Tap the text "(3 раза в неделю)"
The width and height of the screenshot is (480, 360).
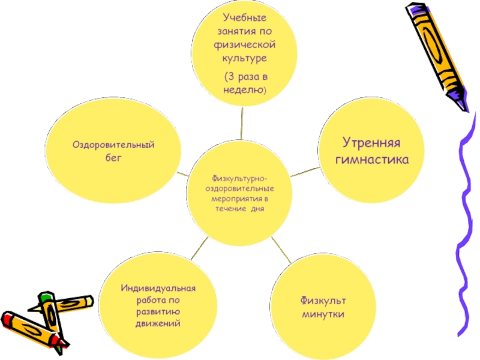click(244, 84)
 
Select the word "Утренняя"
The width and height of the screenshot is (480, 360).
click(371, 144)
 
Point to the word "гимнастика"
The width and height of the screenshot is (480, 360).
click(371, 160)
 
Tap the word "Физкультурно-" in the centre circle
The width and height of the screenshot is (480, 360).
click(240, 178)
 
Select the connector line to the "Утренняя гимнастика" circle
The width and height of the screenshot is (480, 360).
click(305, 172)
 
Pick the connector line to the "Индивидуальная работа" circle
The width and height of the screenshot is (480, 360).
click(200, 248)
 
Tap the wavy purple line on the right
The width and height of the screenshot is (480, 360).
click(463, 228)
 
